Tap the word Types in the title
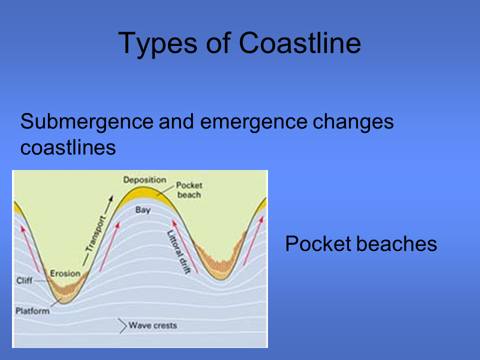pos(157,44)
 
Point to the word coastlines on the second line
pos(68,147)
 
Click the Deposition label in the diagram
pos(144,180)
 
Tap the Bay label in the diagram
pos(143,210)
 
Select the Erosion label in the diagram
pos(65,273)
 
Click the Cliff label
pos(24,280)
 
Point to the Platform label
pos(32,311)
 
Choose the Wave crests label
pos(153,325)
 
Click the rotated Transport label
pos(95,233)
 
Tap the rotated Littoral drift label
pos(179,252)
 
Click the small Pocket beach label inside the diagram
pos(189,190)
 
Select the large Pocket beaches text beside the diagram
pos(361,244)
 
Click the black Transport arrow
pos(98,230)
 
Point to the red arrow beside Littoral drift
pos(185,246)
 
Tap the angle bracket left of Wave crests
pos(123,325)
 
